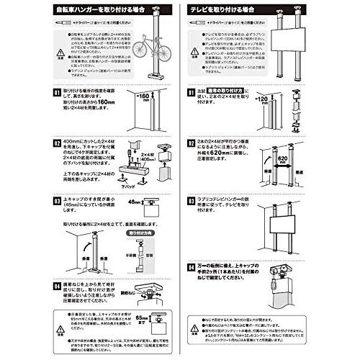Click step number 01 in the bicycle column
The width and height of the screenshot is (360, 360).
click(57, 92)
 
